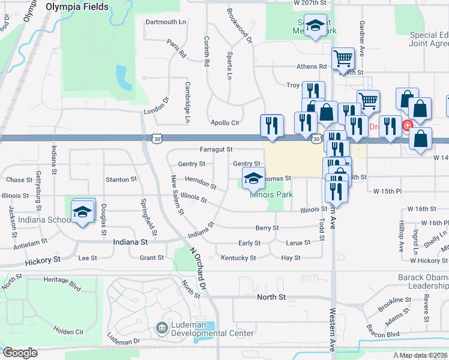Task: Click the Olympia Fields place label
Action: tap(77, 7)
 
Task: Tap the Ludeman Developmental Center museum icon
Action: tap(161, 328)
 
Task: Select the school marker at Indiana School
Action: tap(83, 212)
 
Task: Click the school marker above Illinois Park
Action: tap(254, 178)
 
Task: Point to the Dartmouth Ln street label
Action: tap(166, 22)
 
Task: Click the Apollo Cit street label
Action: tap(224, 122)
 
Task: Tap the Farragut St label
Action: tap(216, 149)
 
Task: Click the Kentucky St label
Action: tap(238, 258)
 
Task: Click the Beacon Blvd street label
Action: tap(384, 334)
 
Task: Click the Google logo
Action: tap(20, 353)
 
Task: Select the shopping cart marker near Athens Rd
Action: tap(342, 59)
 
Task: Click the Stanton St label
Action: tap(121, 179)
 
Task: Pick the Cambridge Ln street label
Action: tap(187, 103)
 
